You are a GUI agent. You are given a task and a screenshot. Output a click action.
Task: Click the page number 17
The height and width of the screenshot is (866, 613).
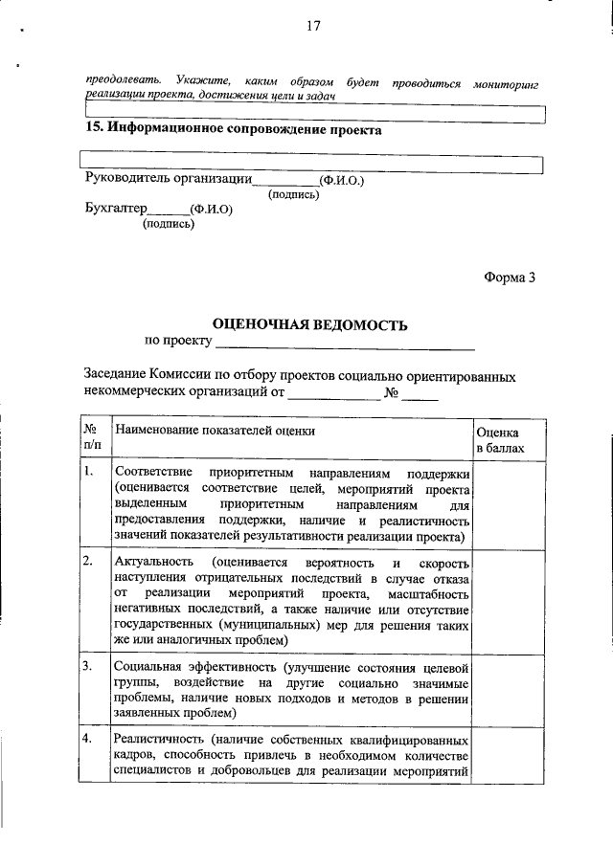[x=311, y=26]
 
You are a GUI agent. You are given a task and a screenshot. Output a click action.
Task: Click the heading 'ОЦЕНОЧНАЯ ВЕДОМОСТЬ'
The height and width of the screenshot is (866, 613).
[x=309, y=325]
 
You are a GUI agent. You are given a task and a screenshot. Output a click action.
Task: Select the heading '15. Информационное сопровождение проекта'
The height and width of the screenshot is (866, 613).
[x=233, y=129]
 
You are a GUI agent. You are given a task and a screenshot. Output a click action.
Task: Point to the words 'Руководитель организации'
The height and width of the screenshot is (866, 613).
[x=168, y=177]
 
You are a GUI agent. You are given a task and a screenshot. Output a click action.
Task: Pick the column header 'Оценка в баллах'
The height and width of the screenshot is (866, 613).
[x=499, y=439]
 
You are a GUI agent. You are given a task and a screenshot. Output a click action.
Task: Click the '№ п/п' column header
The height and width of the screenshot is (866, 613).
[x=93, y=438]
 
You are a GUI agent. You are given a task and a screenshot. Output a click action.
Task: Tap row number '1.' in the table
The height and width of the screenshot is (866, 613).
[x=88, y=473]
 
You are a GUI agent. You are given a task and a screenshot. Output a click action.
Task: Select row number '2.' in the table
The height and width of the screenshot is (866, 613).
[x=88, y=560]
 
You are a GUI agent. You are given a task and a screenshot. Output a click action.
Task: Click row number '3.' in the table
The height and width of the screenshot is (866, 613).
[x=88, y=664]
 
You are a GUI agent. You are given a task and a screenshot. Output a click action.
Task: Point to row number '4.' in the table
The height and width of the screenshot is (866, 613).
[x=88, y=739]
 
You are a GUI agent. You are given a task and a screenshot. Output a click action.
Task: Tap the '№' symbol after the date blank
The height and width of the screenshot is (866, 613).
[x=392, y=391]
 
